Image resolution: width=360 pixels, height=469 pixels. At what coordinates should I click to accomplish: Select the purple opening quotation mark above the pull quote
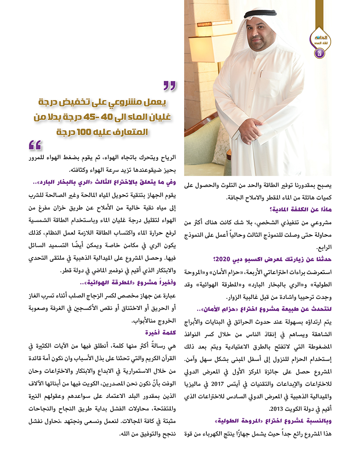coord(169,86)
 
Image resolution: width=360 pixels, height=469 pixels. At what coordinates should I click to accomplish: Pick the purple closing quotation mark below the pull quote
coord(35,146)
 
